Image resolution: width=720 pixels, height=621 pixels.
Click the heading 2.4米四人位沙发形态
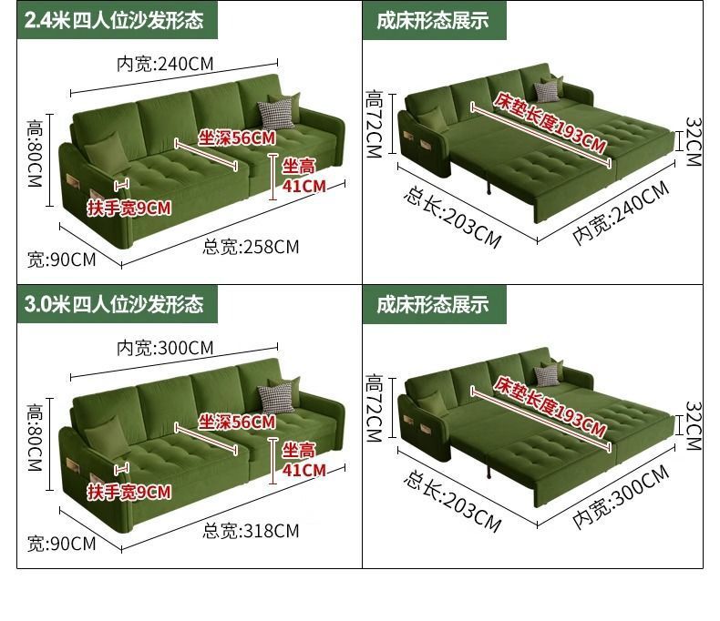click(114, 19)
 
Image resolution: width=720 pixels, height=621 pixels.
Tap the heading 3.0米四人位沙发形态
click(114, 303)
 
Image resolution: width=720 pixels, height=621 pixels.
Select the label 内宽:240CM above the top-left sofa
click(164, 64)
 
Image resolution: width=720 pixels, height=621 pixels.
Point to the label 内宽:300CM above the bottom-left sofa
click(164, 348)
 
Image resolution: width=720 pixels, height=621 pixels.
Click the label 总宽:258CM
click(250, 246)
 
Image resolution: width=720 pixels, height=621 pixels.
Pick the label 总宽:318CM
click(250, 530)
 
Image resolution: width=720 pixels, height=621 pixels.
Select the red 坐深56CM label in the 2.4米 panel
click(237, 138)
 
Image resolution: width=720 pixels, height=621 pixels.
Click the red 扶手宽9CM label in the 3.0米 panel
click(129, 493)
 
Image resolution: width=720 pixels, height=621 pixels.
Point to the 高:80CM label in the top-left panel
click(35, 154)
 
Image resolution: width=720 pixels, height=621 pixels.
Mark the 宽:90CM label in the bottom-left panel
click(61, 544)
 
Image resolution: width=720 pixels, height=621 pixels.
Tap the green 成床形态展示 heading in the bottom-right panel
click(433, 303)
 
